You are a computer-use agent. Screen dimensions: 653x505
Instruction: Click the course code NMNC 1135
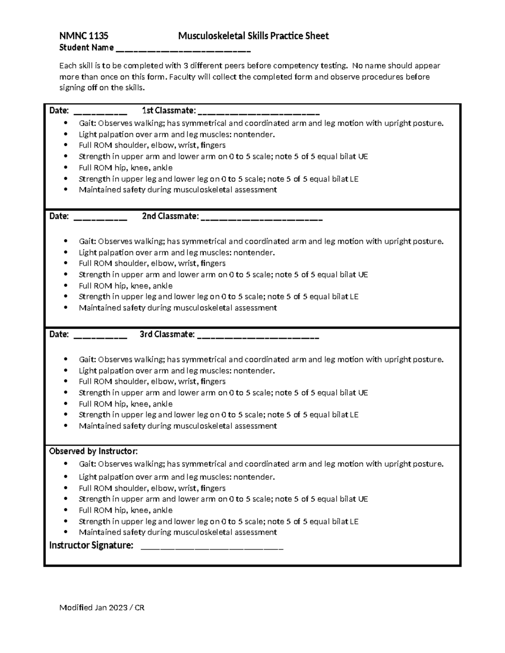click(84, 36)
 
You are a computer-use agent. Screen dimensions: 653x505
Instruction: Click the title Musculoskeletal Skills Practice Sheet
click(253, 36)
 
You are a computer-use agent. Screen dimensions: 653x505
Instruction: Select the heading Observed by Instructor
click(93, 451)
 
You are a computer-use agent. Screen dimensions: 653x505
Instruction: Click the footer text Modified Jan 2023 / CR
click(102, 608)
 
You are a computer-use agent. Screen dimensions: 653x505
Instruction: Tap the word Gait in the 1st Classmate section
click(88, 124)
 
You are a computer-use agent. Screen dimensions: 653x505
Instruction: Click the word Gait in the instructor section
click(88, 464)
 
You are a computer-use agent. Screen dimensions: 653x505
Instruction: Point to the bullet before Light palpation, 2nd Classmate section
click(65, 253)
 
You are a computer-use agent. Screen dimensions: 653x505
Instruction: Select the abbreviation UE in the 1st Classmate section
click(363, 156)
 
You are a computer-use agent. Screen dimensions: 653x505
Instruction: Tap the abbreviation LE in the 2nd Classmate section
click(353, 296)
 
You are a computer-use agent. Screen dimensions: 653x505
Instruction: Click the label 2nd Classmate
click(170, 217)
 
